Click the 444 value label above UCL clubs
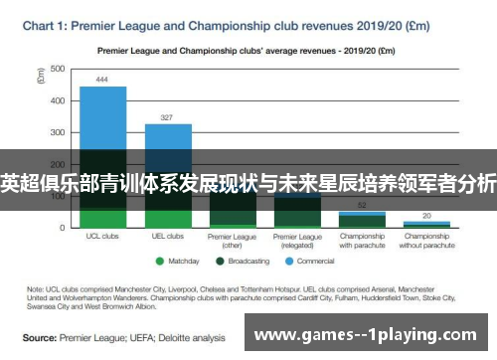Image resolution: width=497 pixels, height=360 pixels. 102,79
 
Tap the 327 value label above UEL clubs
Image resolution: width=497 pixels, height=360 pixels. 168,115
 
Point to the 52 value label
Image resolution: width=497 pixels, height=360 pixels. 362,203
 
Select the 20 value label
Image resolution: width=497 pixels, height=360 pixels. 426,215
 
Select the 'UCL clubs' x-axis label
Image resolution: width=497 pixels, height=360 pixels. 102,237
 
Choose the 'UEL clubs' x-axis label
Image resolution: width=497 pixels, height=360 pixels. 168,237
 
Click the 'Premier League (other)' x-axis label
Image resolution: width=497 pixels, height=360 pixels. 233,241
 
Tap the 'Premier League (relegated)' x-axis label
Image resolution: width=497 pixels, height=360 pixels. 297,241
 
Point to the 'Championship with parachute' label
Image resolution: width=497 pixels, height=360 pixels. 362,241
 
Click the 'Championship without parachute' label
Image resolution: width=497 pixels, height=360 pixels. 426,241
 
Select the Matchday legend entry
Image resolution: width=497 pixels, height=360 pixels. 180,263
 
